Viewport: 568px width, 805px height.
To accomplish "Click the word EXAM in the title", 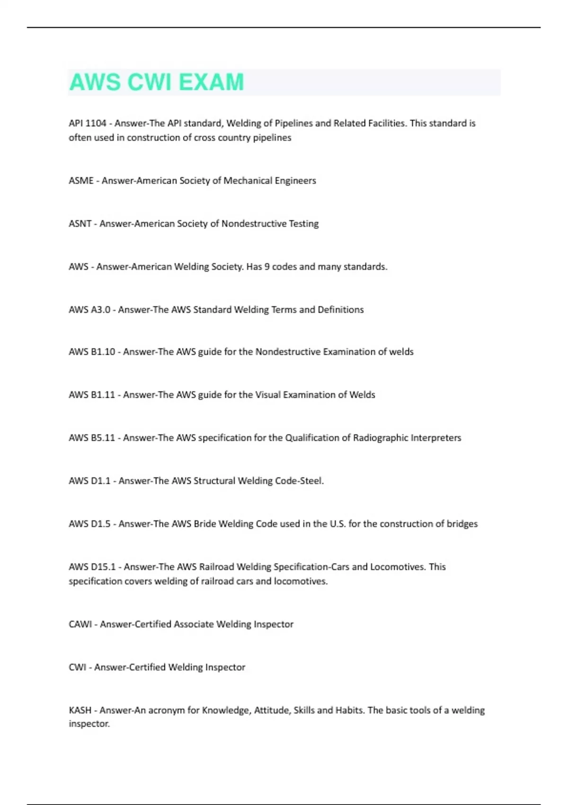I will click(211, 82).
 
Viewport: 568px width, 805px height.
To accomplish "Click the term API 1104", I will click(88, 124).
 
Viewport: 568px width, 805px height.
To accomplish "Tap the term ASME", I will click(81, 181).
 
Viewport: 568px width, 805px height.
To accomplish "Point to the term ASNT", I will click(80, 224).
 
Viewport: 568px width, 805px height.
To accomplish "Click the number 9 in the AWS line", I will click(267, 267).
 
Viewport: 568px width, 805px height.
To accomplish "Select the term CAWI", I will click(80, 625).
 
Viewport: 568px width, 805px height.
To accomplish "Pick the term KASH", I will click(80, 710).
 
